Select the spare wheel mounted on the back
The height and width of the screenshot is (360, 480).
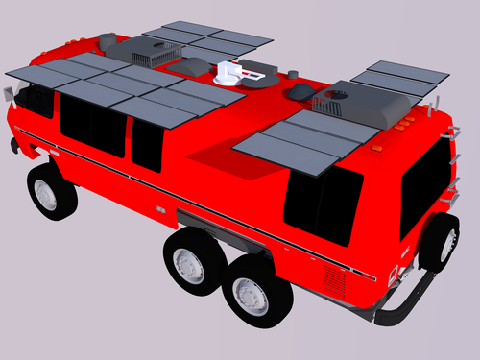pyautogui.click(x=438, y=243)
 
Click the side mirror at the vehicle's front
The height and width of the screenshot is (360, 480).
pyautogui.click(x=11, y=92)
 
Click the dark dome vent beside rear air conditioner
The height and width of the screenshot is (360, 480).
pyautogui.click(x=300, y=91)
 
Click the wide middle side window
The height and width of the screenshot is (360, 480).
pyautogui.click(x=92, y=126)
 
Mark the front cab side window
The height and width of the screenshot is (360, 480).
pyautogui.click(x=36, y=100)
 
